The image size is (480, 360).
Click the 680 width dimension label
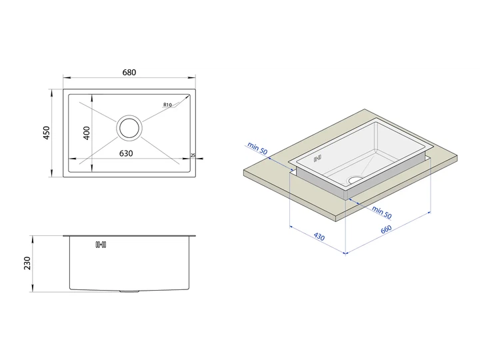(x=129, y=73)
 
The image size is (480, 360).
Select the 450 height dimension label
(x=46, y=133)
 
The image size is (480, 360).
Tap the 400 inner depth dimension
(x=87, y=133)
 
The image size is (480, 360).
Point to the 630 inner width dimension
(x=126, y=153)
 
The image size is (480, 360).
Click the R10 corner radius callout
(x=167, y=105)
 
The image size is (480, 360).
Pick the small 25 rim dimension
(x=193, y=155)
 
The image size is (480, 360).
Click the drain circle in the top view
(x=129, y=128)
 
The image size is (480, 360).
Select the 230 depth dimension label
(x=27, y=263)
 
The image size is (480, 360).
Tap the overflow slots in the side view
(x=101, y=245)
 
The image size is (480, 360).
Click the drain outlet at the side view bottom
(x=129, y=291)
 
